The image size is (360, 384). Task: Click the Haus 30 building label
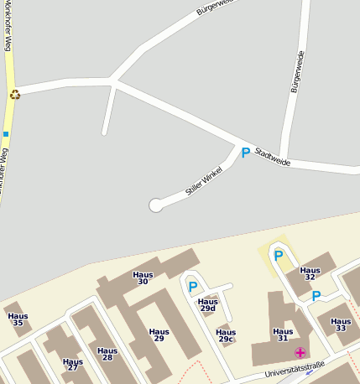pyautogui.click(x=143, y=278)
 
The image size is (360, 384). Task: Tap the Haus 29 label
pyautogui.click(x=159, y=336)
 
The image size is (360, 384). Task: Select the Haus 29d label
pyautogui.click(x=207, y=304)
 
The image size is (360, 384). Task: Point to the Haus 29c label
pyautogui.click(x=225, y=335)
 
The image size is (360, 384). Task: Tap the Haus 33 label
pyautogui.click(x=340, y=324)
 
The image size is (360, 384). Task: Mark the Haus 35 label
pyautogui.click(x=18, y=320)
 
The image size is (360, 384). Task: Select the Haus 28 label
pyautogui.click(x=107, y=355)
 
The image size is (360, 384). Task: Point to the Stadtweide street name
pyautogui.click(x=273, y=157)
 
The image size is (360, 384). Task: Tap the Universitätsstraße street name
pyautogui.click(x=294, y=370)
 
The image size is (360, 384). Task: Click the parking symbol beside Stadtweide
pyautogui.click(x=245, y=153)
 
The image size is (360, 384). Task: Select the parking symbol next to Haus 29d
pyautogui.click(x=193, y=287)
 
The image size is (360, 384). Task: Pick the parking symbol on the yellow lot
pyautogui.click(x=279, y=256)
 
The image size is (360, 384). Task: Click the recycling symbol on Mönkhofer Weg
pyautogui.click(x=15, y=95)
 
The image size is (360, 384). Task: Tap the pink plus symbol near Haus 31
pyautogui.click(x=300, y=352)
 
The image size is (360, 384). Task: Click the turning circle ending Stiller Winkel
pyautogui.click(x=155, y=205)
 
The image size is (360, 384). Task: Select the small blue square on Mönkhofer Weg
pyautogui.click(x=5, y=134)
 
